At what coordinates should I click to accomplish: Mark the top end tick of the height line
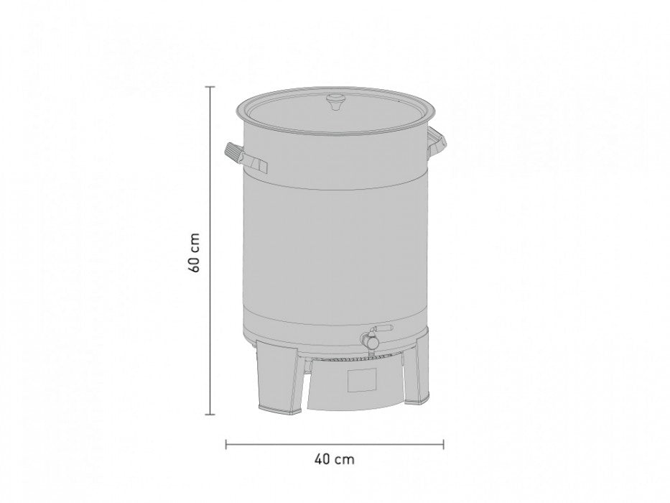(210, 86)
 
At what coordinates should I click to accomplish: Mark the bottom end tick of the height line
(210, 415)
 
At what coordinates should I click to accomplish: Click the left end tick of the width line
(227, 445)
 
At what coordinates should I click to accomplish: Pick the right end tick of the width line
(444, 445)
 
